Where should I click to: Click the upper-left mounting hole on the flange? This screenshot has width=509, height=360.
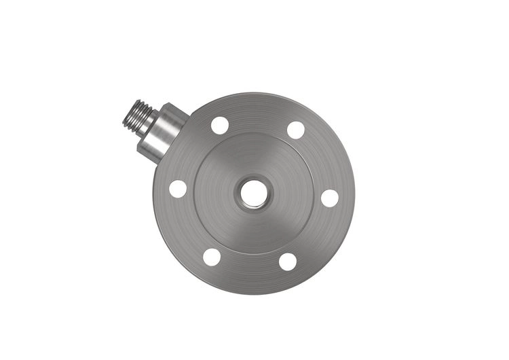click(220, 125)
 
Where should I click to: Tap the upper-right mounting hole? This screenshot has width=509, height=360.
click(296, 130)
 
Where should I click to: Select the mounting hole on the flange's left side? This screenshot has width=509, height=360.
click(178, 189)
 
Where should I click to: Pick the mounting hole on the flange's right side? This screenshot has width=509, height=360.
click(330, 198)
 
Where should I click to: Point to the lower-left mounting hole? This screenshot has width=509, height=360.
click(212, 257)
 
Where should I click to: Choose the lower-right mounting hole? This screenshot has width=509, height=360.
click(288, 262)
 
